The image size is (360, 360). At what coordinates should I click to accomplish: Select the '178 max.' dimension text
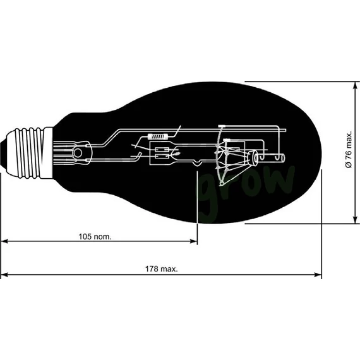(x=162, y=268)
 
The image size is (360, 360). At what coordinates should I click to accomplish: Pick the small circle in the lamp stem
(x=78, y=152)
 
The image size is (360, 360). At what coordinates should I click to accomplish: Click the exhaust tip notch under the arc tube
(x=198, y=165)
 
